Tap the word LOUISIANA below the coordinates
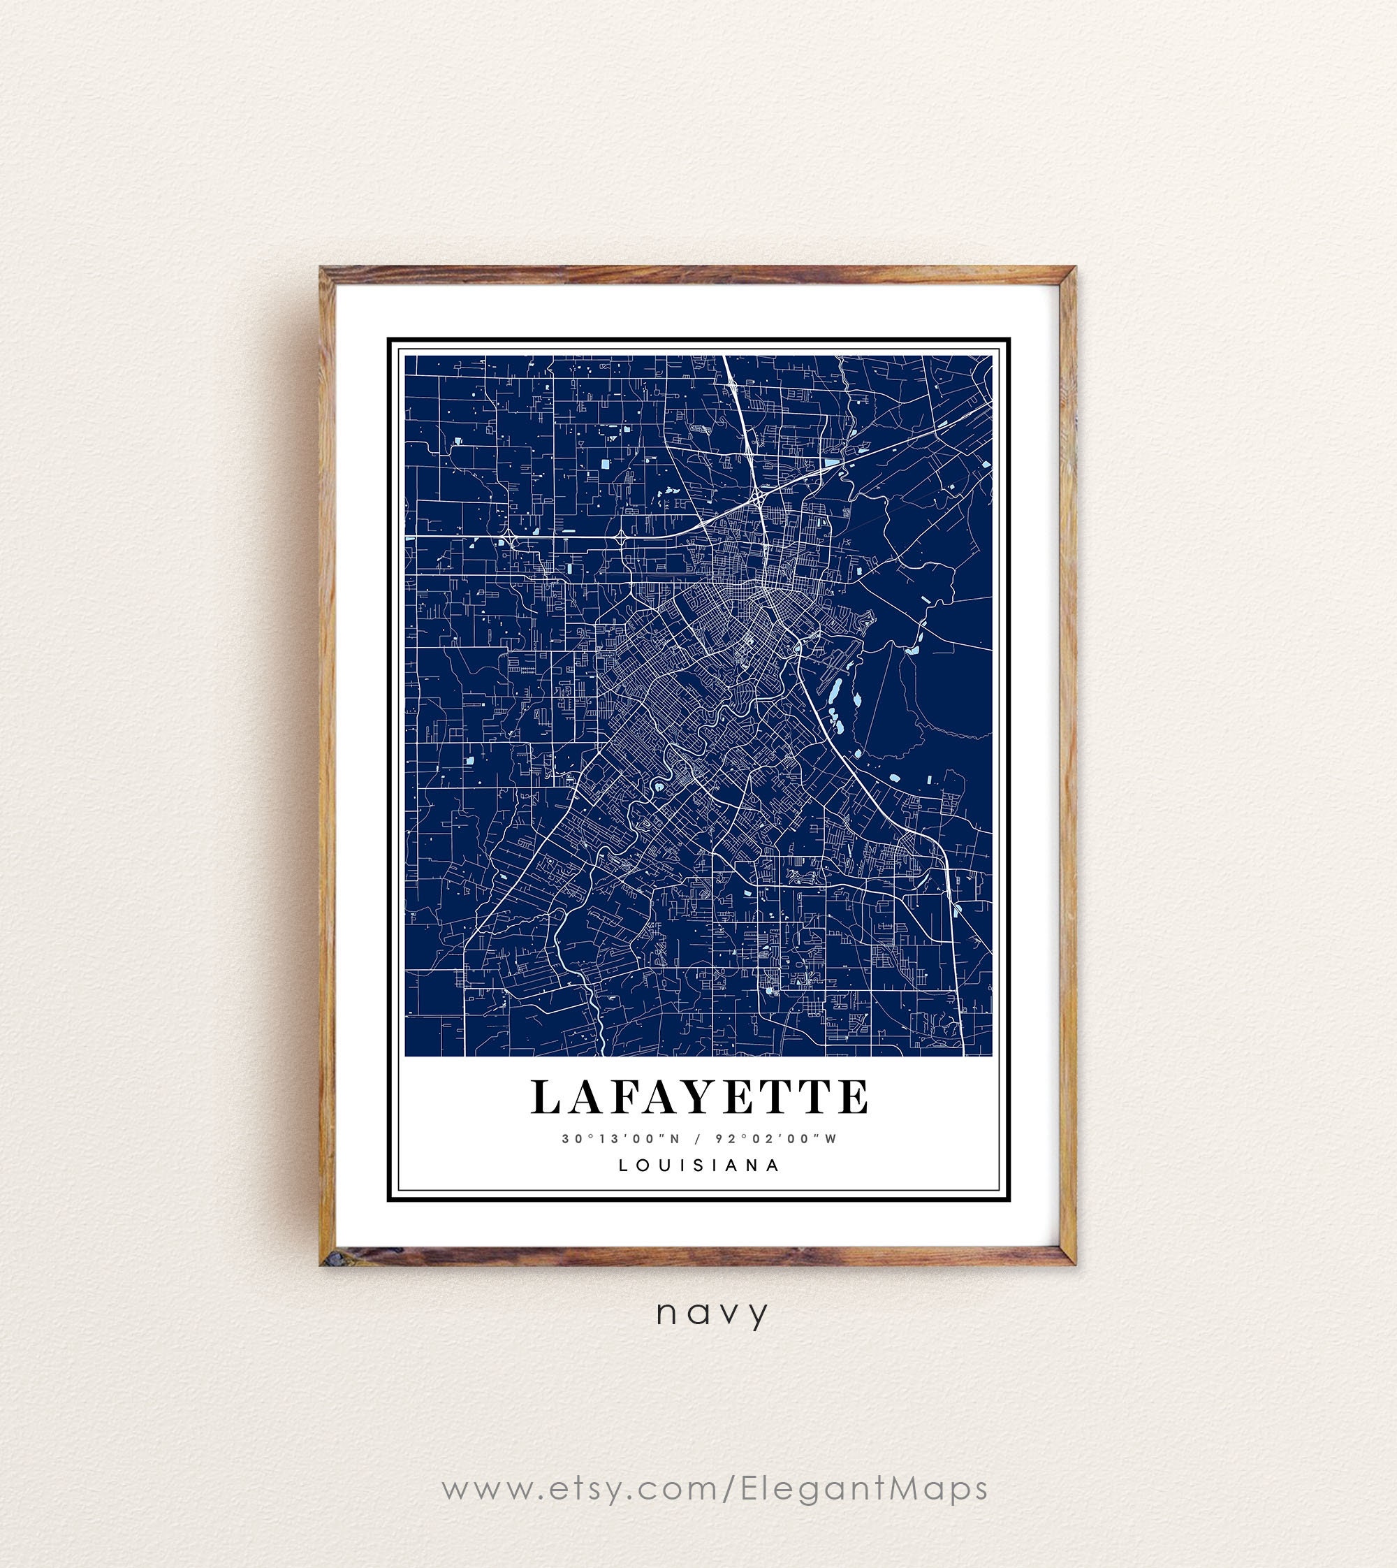click(x=699, y=1165)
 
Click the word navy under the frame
click(x=712, y=1314)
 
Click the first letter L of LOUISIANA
click(x=622, y=1165)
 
